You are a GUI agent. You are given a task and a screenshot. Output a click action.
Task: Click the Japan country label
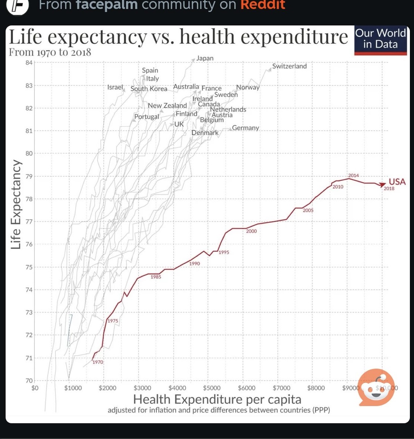point(205,58)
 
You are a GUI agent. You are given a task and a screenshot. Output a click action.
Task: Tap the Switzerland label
point(289,66)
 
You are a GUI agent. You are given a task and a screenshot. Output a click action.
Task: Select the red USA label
point(397,182)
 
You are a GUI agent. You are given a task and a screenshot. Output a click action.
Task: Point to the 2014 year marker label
point(353,175)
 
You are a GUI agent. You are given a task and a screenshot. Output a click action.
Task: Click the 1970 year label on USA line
point(98,362)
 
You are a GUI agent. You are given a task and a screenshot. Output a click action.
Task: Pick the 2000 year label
point(252,231)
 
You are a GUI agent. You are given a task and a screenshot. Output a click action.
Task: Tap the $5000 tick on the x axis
point(212,388)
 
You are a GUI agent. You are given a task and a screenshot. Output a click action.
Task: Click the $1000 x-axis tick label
point(73,388)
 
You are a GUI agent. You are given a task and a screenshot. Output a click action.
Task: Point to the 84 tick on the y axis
point(29,63)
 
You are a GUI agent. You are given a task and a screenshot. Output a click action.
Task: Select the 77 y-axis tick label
point(29,222)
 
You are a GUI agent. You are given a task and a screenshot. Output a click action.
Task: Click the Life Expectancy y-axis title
point(16,205)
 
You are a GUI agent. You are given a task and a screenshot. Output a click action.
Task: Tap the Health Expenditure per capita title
point(217,399)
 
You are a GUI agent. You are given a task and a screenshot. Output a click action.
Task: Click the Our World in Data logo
point(380,39)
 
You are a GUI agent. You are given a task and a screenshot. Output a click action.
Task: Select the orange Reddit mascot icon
point(376,387)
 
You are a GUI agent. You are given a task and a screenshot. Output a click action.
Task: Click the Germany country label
point(246,128)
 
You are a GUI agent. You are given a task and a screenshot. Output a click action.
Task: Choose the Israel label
point(115,87)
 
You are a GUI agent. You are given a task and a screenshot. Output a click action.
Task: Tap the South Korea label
point(149,89)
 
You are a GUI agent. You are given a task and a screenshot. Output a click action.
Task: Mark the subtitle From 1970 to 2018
point(50,52)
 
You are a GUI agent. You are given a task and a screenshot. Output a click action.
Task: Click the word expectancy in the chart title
point(97,37)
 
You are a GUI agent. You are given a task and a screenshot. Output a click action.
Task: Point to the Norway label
point(248,87)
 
